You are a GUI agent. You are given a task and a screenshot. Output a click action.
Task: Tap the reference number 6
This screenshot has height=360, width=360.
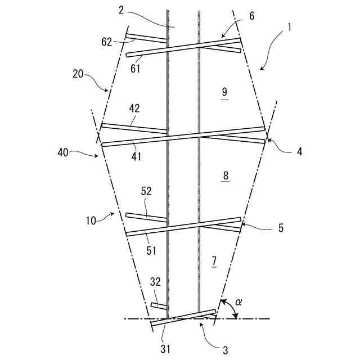pyautogui.click(x=251, y=16)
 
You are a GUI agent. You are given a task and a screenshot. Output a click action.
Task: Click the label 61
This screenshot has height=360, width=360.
pyautogui.click(x=136, y=69)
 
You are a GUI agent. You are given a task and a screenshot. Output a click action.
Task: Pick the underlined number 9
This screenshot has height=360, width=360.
pyautogui.click(x=224, y=91)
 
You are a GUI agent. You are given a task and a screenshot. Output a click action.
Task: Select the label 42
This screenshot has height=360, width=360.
pyautogui.click(x=134, y=108)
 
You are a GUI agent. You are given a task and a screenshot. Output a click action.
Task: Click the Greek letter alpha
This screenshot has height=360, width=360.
pyautogui.click(x=239, y=302)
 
